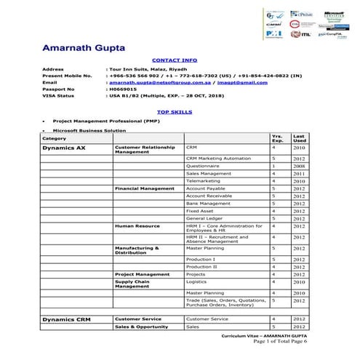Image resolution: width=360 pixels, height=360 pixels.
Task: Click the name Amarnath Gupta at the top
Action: coord(83,48)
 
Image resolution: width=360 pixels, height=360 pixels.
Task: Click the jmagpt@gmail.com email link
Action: coord(225,82)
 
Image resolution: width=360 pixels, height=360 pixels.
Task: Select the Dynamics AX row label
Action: coord(60,148)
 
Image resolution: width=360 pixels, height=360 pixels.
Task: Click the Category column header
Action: coord(55,138)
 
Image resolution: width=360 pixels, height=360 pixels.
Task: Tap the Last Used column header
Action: coord(299,137)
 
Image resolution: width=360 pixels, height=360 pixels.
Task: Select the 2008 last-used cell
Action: coord(299,167)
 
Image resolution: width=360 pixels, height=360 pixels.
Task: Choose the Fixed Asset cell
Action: coord(199,210)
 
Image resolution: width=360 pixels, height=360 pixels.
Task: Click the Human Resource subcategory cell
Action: coord(137,226)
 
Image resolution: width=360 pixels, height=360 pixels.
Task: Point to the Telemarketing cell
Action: coord(203,181)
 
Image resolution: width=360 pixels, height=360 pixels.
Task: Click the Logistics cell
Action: coord(197,281)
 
